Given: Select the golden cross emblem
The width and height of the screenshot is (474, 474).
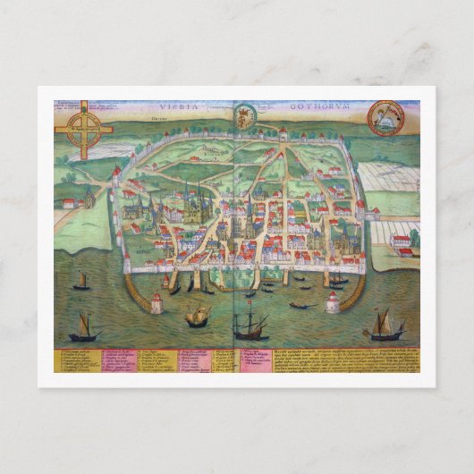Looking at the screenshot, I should click(83, 130).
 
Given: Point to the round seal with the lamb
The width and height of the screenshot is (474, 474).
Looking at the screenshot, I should click(386, 117).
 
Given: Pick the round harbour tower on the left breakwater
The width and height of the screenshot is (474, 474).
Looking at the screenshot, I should click(157, 303).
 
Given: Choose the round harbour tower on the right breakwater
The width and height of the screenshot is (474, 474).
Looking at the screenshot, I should click(332, 302).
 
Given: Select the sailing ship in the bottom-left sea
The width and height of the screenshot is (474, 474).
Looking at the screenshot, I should click(84, 327).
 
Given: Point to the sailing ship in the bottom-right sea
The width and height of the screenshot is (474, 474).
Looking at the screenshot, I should click(385, 326).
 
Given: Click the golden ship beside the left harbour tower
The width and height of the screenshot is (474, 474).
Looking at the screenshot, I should click(198, 315).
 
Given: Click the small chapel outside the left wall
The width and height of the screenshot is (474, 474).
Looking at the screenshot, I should click(68, 203).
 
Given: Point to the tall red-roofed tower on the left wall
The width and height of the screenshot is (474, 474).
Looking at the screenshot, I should click(116, 174).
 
